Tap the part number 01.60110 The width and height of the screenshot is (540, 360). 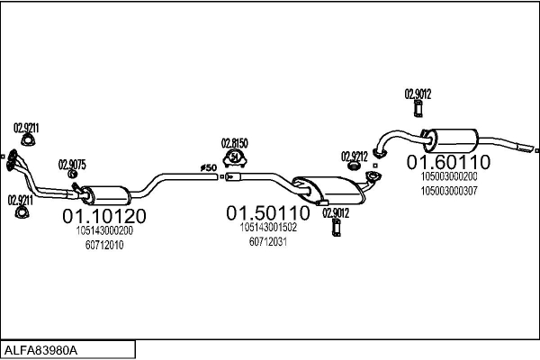tap(448, 163)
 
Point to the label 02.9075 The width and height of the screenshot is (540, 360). tap(72, 165)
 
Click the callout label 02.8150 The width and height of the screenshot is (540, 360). tap(235, 143)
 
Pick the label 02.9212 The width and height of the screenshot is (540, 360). tap(355, 156)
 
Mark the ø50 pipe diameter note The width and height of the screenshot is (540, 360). tap(208, 167)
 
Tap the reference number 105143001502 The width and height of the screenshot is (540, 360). tap(268, 228)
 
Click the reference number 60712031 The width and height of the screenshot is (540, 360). tap(267, 242)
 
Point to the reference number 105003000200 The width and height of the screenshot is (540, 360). tap(450, 177)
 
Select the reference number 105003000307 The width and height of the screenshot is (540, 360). tap(450, 191)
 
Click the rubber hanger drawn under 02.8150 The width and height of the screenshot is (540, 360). tap(235, 159)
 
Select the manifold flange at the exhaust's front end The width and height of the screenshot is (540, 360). tap(10, 160)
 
